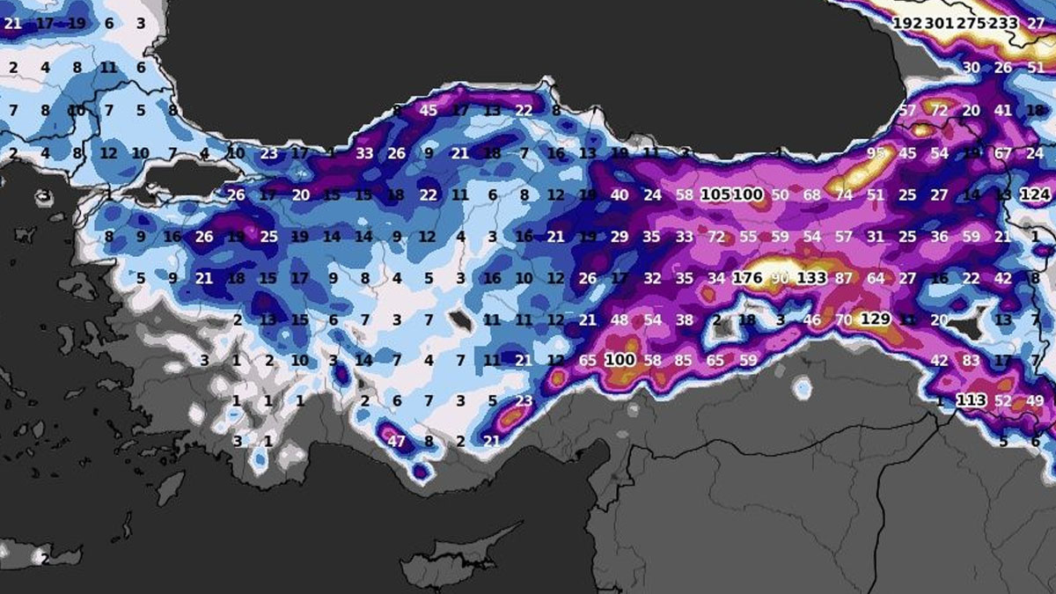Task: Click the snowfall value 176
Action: coord(747,278)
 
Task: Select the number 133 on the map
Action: coord(811,278)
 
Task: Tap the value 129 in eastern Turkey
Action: coord(876,319)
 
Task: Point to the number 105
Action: coord(715,194)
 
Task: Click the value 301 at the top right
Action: coord(940,24)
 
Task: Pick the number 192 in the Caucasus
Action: coord(906,24)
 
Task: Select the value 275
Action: coord(972,24)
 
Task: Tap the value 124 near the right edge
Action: coord(1036,194)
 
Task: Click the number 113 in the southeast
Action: coord(972,400)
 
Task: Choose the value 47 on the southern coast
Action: coord(396,441)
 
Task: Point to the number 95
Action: coord(876,153)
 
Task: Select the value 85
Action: coord(683,360)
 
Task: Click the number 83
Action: coord(971,360)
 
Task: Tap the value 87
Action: coord(844,278)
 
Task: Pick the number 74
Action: coord(844,194)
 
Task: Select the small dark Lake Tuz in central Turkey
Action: coord(459,320)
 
